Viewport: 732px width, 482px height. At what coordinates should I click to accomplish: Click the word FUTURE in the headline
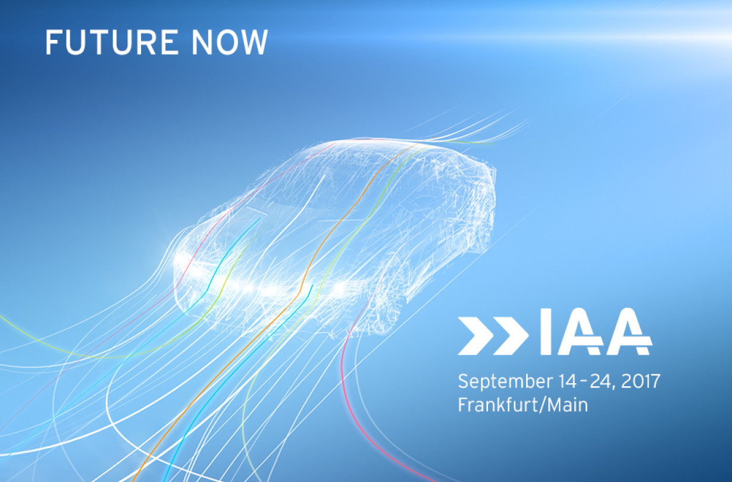112,42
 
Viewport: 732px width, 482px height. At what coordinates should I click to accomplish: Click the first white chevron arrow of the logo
476,336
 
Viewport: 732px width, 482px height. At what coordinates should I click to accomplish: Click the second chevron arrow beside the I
511,336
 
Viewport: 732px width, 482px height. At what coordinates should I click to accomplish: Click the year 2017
640,381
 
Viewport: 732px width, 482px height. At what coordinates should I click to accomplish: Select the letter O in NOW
227,42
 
